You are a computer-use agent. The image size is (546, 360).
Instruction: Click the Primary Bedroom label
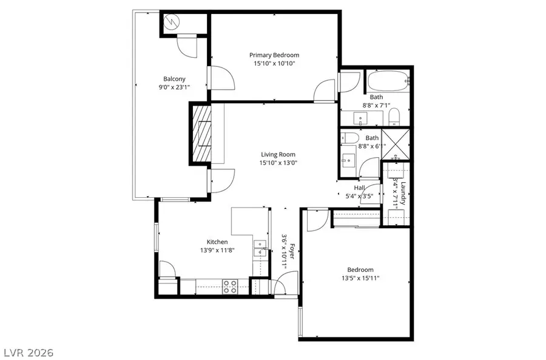pos(274,55)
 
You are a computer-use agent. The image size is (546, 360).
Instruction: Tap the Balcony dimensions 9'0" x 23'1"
pos(174,87)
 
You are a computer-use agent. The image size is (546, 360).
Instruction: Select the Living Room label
pos(278,154)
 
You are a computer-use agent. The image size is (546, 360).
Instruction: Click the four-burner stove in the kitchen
pos(230,286)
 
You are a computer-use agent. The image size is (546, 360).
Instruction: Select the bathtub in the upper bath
pos(388,80)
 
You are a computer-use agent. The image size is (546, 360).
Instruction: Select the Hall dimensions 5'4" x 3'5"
pos(359,195)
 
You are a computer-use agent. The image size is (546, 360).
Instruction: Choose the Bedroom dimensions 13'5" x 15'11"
pos(360,278)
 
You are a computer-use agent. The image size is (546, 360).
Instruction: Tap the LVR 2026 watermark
pos(29,352)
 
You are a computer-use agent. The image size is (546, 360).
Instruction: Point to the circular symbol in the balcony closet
pos(174,22)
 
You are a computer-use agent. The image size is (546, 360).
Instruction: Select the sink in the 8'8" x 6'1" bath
pos(349,161)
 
